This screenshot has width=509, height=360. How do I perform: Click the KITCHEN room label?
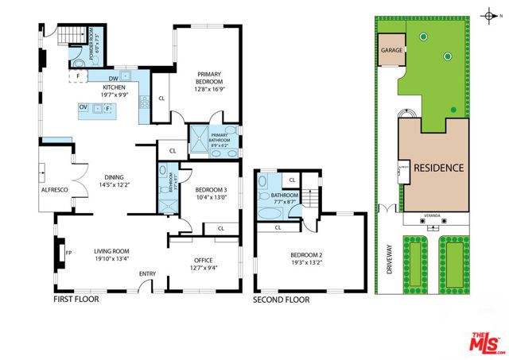112,87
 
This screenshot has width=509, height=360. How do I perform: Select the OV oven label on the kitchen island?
83,107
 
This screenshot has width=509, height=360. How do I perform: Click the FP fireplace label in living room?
69,254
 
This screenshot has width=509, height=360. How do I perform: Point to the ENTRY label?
147,274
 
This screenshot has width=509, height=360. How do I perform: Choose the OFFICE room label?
204,260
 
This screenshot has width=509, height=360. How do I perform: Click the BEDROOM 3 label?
211,190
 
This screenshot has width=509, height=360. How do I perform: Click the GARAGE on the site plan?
391,49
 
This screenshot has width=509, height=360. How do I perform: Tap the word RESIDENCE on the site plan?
437,168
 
